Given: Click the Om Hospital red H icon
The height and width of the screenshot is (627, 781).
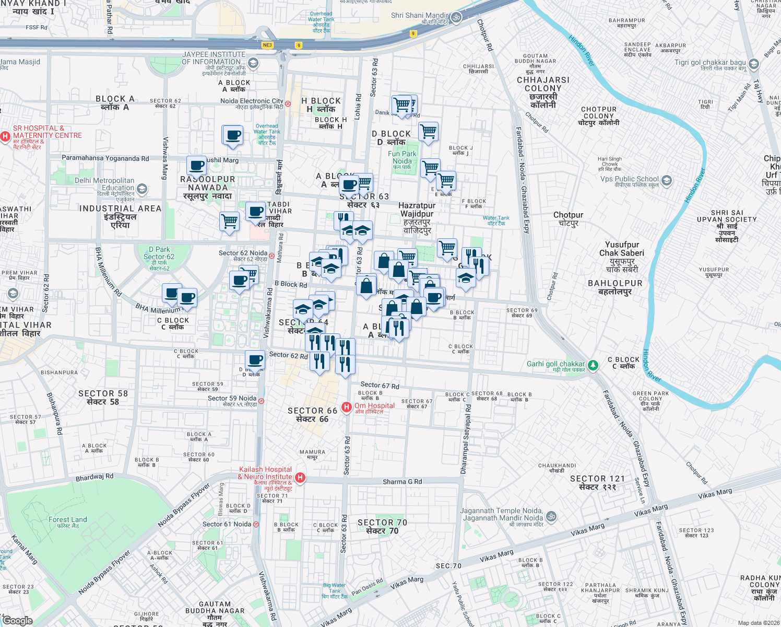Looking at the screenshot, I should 346,407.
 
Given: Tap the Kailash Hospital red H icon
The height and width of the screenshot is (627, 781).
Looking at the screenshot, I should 300,477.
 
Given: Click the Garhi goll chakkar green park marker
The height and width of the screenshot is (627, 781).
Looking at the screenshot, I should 593,365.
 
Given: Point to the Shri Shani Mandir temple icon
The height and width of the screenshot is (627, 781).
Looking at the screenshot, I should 456,17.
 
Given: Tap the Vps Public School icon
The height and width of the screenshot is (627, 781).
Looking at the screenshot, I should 666,180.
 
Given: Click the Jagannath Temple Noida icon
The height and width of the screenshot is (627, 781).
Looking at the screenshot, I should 551,517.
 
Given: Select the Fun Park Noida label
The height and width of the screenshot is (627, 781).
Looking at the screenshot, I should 402,157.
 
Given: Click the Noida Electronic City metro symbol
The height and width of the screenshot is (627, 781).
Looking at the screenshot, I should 288,103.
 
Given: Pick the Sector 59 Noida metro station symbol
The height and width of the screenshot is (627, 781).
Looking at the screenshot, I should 261,401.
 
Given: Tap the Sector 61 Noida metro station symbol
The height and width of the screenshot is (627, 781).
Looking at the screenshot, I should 256,524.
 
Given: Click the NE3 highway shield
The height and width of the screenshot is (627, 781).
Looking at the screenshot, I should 267,45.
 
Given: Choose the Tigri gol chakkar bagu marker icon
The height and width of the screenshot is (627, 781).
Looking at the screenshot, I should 753,64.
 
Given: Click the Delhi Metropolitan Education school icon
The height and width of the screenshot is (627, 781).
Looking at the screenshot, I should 141,189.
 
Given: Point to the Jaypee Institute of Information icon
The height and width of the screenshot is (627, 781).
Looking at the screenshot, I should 253,63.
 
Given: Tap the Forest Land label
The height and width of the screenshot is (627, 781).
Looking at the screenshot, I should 68,519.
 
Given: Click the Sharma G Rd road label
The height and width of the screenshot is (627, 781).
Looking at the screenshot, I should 402,482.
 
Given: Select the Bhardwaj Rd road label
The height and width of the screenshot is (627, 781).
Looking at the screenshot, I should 94,477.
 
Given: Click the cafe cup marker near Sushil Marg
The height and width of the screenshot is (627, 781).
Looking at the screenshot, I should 197,166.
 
